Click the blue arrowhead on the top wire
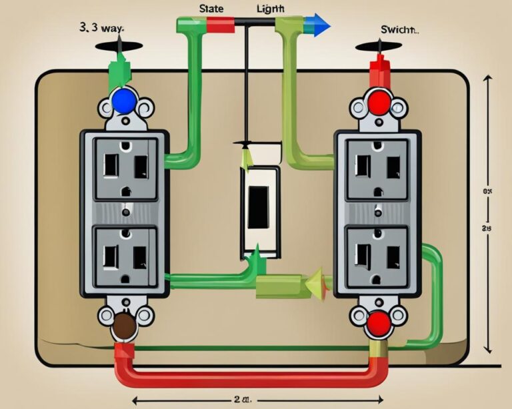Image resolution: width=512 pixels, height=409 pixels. pyautogui.click(x=322, y=25)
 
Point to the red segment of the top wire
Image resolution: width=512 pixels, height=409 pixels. pyautogui.click(x=219, y=25)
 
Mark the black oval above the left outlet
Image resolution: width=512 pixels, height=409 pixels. pyautogui.click(x=118, y=47)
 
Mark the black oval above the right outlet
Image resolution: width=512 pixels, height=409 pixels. pyautogui.click(x=378, y=48)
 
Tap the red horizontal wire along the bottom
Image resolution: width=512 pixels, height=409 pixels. pyautogui.click(x=247, y=378)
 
